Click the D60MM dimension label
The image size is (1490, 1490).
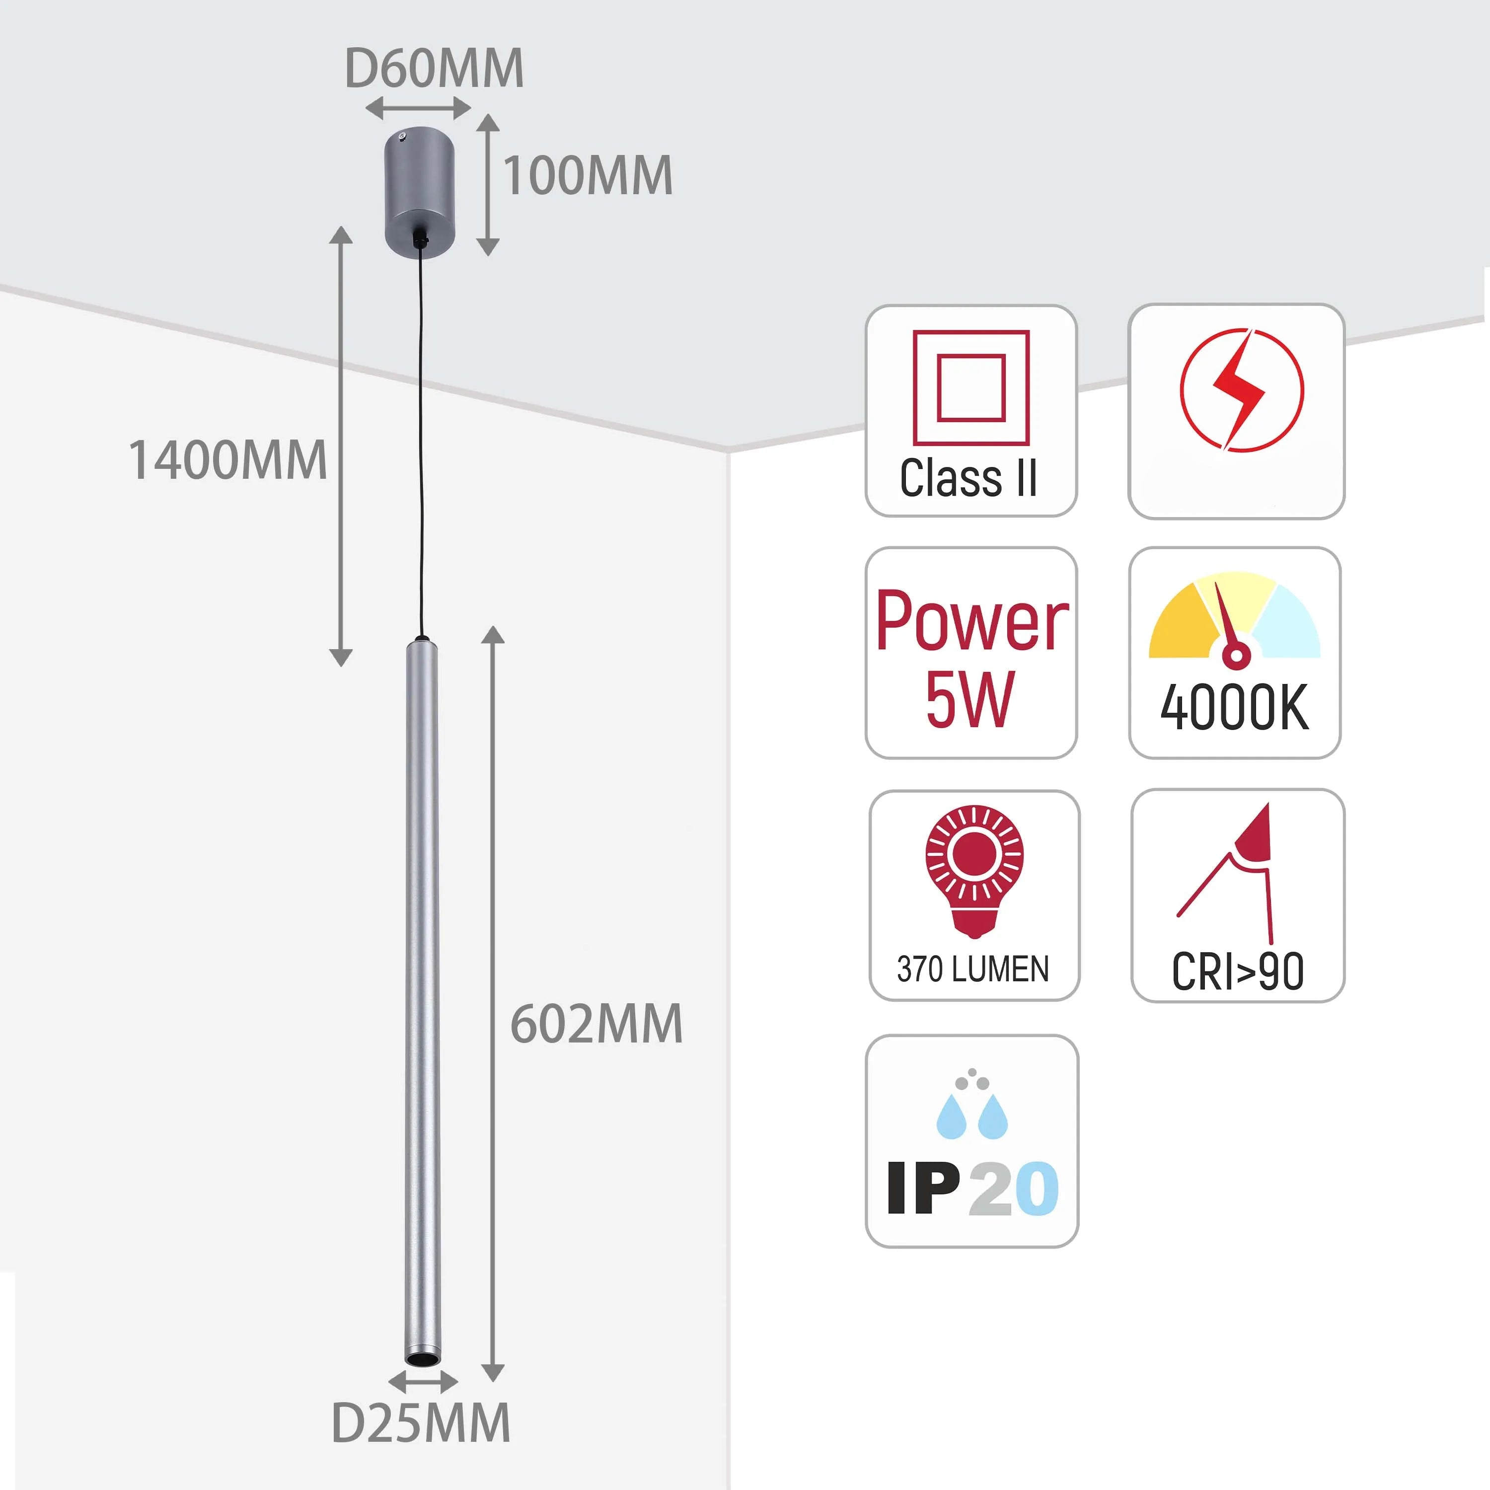click(434, 70)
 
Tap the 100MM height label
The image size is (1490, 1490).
click(588, 176)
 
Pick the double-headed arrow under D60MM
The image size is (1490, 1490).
click(418, 108)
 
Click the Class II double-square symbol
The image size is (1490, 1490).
click(971, 388)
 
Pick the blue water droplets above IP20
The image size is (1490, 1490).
click(972, 1116)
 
